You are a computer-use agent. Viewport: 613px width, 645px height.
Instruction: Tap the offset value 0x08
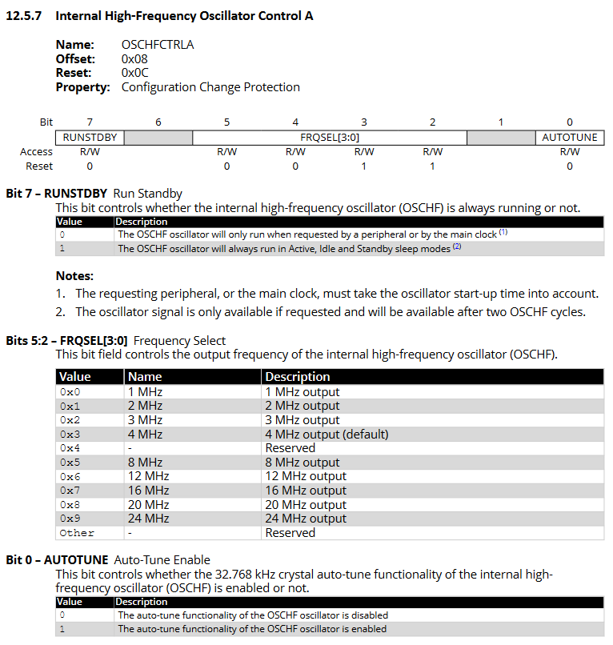point(135,59)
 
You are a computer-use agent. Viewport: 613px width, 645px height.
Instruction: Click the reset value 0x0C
point(135,73)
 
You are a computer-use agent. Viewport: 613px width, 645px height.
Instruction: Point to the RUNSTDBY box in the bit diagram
point(90,138)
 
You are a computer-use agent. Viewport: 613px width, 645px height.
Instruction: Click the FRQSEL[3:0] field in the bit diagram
point(329,138)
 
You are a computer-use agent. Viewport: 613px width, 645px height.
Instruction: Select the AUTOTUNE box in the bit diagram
point(569,138)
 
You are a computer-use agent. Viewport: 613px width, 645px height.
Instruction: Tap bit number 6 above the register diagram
point(158,122)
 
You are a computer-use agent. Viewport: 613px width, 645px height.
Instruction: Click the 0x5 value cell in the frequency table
point(70,463)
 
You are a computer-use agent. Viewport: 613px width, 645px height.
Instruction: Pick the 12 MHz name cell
point(148,476)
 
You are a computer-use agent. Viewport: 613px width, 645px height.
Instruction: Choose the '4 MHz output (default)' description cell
point(327,435)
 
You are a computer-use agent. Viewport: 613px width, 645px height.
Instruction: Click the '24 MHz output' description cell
point(306,519)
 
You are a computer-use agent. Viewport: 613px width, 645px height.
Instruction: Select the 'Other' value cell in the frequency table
point(77,533)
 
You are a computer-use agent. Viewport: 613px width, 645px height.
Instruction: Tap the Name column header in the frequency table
point(145,377)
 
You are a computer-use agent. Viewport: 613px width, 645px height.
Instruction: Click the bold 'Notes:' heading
point(74,276)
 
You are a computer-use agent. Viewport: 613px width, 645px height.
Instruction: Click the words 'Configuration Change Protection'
point(210,87)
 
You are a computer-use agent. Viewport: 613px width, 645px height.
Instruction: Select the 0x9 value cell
point(70,519)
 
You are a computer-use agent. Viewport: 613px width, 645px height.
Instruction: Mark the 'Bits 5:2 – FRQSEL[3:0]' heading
point(66,341)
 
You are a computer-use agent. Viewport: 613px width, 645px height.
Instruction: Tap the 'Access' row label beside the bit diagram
point(37,152)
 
